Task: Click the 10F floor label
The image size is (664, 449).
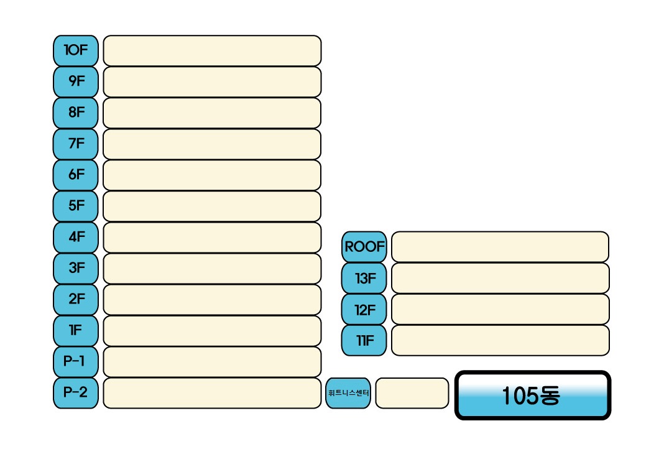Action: (76, 50)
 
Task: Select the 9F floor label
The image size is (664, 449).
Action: (76, 81)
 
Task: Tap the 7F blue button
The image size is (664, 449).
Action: (76, 144)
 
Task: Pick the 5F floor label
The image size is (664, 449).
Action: (76, 206)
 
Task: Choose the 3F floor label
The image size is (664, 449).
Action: (76, 268)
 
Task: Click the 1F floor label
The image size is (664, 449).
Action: (76, 330)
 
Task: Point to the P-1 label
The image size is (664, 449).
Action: (76, 361)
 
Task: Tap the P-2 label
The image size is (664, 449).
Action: (76, 392)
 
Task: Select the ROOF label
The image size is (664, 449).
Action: (364, 247)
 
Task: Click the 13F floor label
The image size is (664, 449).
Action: (364, 278)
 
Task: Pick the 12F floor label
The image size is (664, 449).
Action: (364, 309)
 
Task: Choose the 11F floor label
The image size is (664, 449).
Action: (364, 340)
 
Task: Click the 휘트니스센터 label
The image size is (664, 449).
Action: (348, 393)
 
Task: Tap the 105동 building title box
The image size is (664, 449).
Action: (533, 396)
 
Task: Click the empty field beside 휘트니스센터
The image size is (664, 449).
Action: (412, 393)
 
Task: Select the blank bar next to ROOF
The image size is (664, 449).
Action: (500, 247)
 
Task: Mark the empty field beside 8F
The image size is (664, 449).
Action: (212, 113)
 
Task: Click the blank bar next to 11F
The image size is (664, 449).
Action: (500, 340)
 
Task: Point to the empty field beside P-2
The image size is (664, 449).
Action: (212, 392)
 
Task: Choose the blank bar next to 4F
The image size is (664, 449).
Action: (212, 237)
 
